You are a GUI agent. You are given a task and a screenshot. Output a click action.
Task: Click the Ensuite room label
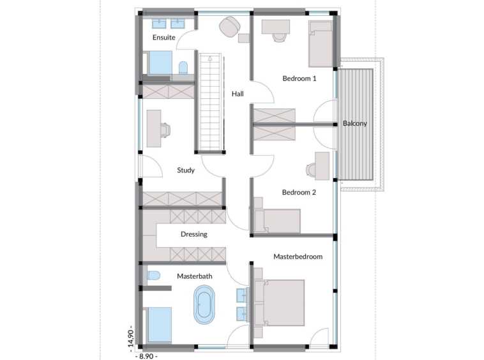(x=164, y=38)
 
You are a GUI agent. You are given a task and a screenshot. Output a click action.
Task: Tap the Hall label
(x=238, y=94)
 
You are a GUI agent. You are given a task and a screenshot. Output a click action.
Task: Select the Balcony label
(x=355, y=123)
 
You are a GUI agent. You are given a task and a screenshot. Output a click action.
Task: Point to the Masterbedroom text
(x=298, y=257)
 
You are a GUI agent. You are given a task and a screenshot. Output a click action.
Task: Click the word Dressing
(x=194, y=234)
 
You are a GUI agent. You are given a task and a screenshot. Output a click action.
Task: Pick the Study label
(x=186, y=170)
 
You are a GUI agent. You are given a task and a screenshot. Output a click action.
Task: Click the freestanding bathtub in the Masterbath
(x=204, y=304)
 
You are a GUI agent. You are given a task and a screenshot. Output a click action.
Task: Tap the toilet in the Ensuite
(x=183, y=68)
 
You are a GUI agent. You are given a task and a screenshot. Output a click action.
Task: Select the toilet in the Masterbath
(x=153, y=276)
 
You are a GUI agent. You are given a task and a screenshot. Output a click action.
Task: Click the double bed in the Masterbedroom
(x=279, y=303)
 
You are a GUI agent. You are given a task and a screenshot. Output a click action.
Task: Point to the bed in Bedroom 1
(x=321, y=44)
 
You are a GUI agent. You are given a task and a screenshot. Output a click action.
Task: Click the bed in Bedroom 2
(x=277, y=221)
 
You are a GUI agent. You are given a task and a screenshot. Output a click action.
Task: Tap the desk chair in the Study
(x=165, y=129)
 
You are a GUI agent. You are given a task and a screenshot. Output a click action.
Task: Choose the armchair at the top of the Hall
(x=229, y=27)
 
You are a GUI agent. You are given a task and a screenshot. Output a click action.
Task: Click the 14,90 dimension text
(x=131, y=339)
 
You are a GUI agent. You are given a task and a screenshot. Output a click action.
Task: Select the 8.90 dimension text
(x=146, y=356)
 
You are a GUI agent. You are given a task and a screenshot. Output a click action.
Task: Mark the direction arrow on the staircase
(x=210, y=58)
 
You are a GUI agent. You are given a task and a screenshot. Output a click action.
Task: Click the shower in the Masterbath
(x=160, y=324)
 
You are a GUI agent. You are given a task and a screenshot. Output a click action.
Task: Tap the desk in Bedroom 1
(x=276, y=27)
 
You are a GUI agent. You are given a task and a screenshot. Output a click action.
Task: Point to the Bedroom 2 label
(x=299, y=193)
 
